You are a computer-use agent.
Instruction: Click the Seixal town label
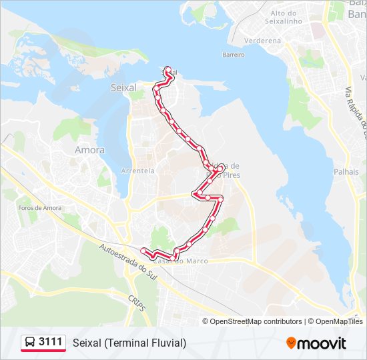pyautogui.click(x=123, y=87)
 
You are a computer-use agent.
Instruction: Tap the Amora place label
pyautogui.click(x=89, y=150)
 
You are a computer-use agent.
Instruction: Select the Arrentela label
pyautogui.click(x=138, y=171)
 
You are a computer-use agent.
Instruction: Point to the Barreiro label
pyautogui.click(x=234, y=55)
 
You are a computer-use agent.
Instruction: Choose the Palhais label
pyautogui.click(x=346, y=172)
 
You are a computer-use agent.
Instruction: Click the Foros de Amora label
pyautogui.click(x=39, y=208)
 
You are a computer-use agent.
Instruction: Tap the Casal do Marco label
pyautogui.click(x=190, y=261)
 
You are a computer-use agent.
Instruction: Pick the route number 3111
pyautogui.click(x=51, y=343)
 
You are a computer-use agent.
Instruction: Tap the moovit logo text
pyautogui.click(x=322, y=343)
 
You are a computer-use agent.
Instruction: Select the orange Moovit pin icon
pyautogui.click(x=291, y=343)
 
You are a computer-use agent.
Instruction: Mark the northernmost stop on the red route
pyautogui.click(x=167, y=69)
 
